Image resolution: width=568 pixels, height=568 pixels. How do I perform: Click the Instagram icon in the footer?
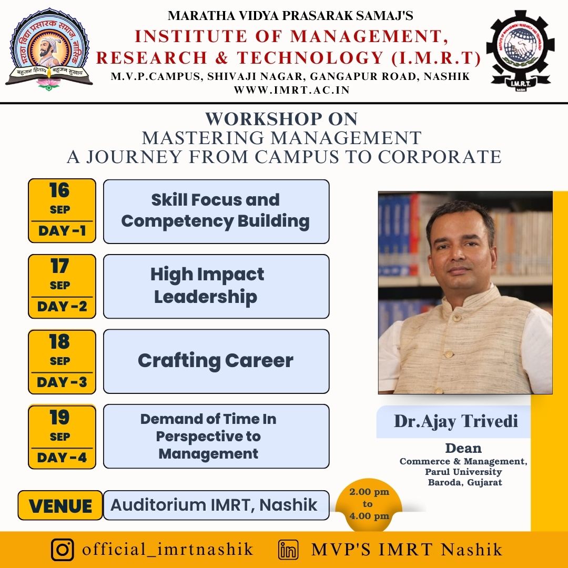(x=62, y=549)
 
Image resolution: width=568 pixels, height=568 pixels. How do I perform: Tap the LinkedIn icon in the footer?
(x=288, y=550)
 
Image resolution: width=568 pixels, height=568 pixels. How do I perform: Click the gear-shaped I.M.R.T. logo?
(x=520, y=50)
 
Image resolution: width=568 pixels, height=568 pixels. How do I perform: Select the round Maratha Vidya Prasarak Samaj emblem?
(x=49, y=49)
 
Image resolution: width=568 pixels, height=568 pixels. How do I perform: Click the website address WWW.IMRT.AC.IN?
(x=291, y=90)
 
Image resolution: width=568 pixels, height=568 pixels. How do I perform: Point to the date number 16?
(x=59, y=190)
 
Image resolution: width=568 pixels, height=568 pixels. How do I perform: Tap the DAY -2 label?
(x=62, y=307)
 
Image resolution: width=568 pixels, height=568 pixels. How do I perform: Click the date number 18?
(x=59, y=342)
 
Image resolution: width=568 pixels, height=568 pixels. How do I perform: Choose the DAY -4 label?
(x=62, y=458)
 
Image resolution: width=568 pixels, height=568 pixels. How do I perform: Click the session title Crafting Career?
(x=216, y=361)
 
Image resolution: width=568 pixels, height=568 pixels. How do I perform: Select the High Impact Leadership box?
(x=216, y=286)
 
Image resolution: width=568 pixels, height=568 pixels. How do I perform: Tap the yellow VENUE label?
(x=60, y=505)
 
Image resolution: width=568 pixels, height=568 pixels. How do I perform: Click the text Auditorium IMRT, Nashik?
(x=214, y=505)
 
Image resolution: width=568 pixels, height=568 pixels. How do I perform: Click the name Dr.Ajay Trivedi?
(x=455, y=421)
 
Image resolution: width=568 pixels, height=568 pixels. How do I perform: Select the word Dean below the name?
(x=463, y=449)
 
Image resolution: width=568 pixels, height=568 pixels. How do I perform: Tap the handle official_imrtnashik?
(x=167, y=549)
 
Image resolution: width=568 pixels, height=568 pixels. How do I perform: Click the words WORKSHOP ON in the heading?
(x=281, y=119)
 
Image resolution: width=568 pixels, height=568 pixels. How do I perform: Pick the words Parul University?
(x=463, y=472)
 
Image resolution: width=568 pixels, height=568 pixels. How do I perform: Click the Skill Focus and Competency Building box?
(x=216, y=211)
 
